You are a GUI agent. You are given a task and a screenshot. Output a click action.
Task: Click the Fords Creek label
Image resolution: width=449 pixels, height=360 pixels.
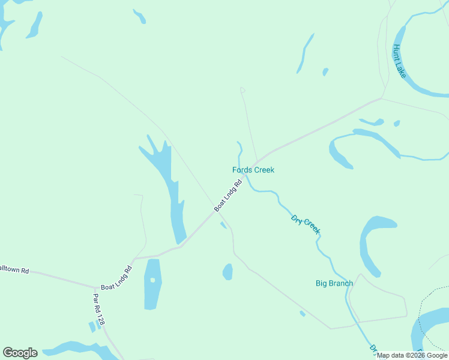[253, 170]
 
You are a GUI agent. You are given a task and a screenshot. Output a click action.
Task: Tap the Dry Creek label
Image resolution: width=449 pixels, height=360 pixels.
[306, 224]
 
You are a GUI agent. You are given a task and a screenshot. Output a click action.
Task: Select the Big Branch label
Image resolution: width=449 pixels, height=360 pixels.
[334, 283]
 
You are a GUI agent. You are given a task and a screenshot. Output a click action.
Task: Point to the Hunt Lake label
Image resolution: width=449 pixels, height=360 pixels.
[399, 61]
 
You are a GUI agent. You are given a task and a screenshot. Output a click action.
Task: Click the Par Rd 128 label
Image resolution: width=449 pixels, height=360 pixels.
[98, 309]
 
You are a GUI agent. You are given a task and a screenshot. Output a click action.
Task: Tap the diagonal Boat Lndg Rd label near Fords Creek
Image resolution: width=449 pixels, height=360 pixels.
[228, 196]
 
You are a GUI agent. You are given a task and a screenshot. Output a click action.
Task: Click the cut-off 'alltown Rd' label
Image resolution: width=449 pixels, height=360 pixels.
[14, 271]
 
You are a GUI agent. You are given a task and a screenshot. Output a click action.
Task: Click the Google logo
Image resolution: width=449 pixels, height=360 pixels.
[20, 353]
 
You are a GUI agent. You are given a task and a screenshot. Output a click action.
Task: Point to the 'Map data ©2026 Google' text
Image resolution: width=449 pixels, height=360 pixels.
[412, 355]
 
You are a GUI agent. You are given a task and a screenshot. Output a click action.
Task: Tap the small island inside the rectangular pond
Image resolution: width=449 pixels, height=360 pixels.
[152, 280]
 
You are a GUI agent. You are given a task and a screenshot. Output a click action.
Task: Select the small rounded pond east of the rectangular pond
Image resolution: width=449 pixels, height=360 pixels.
[228, 272]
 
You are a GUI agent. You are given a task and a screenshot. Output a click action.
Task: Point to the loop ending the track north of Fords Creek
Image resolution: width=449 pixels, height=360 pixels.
[243, 90]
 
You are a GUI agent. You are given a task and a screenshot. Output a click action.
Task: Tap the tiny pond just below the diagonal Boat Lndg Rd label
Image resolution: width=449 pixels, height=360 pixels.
[223, 225]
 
